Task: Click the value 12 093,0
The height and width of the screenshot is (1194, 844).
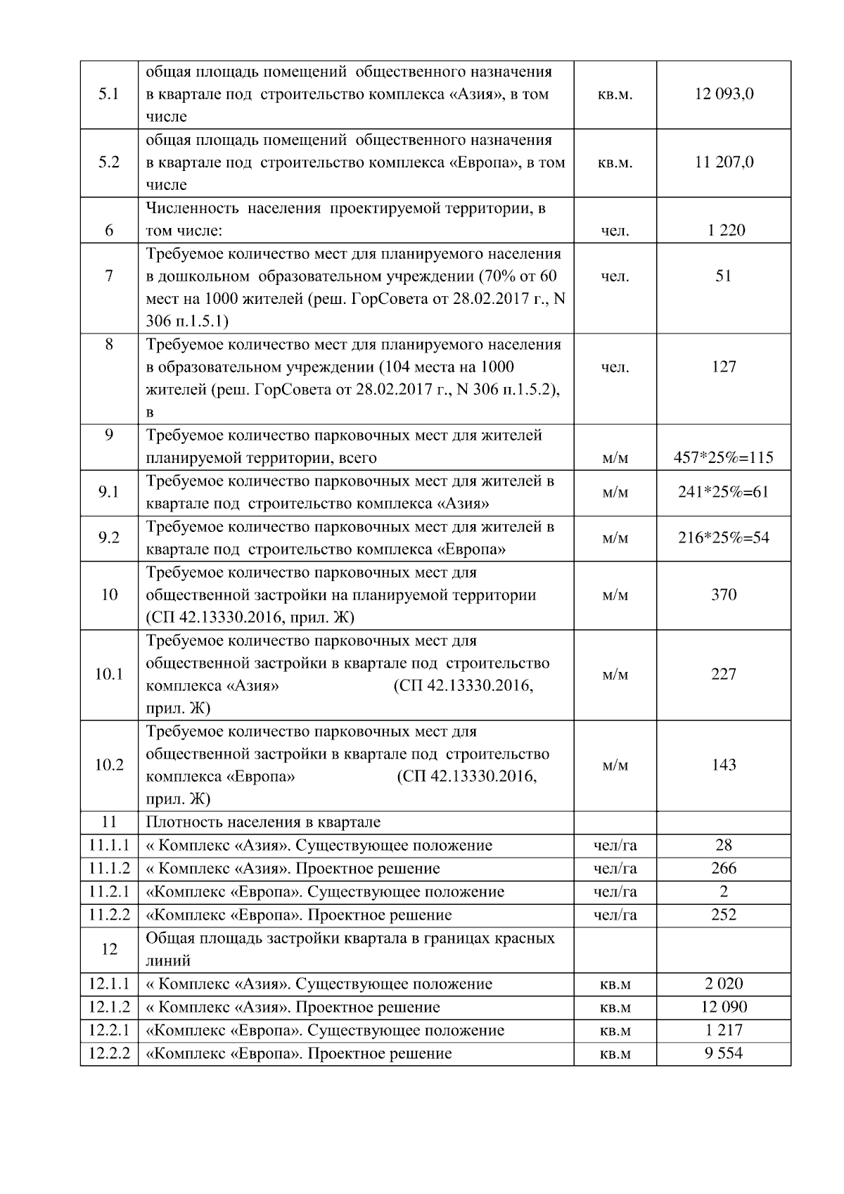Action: [x=724, y=94]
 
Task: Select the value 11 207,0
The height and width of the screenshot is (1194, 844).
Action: [x=724, y=163]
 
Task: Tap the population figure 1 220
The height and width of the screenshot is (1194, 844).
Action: [x=724, y=230]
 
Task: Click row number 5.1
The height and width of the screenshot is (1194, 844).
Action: [x=109, y=94]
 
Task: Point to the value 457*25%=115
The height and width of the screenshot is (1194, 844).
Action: [x=724, y=458]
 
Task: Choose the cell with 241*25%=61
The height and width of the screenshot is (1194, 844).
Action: [x=724, y=492]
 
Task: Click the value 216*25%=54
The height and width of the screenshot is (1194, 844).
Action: [x=724, y=538]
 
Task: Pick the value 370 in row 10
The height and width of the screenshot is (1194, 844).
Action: [x=724, y=595]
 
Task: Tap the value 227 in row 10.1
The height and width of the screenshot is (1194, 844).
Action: [x=724, y=674]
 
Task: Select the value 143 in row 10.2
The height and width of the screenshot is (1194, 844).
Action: [x=724, y=765]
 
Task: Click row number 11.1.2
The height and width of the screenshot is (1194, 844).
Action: [x=109, y=868]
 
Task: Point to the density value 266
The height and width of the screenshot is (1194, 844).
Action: [x=724, y=868]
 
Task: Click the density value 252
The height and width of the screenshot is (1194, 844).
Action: [x=724, y=915]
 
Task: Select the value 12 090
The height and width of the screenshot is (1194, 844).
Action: [x=724, y=1007]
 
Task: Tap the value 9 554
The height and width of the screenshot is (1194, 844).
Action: [x=724, y=1053]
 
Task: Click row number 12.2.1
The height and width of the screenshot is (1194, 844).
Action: [x=109, y=1030]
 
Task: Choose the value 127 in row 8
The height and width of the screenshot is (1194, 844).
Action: [x=724, y=367]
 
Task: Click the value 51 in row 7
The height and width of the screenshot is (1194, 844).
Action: [x=724, y=276]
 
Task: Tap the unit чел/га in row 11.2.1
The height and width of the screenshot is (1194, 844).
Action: [x=615, y=891]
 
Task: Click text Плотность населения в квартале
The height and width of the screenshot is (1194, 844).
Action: [x=263, y=822]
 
